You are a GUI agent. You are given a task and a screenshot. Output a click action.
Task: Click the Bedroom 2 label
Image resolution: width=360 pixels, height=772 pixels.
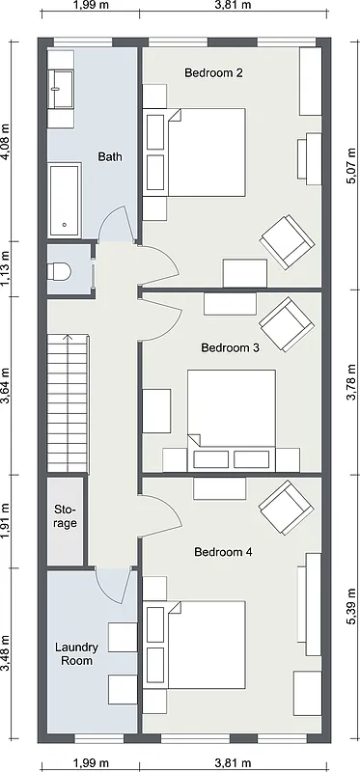(213, 73)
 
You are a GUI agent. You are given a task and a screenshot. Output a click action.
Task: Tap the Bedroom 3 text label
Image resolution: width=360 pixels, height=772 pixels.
(230, 347)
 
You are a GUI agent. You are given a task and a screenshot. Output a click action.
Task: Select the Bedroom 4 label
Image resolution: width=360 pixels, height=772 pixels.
(223, 552)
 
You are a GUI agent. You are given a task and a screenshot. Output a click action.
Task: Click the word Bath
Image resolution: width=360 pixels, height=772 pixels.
(109, 156)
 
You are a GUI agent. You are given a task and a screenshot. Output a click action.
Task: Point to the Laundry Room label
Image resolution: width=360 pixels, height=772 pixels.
(74, 654)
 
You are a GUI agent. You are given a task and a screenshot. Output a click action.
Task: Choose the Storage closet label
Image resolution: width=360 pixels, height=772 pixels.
(65, 516)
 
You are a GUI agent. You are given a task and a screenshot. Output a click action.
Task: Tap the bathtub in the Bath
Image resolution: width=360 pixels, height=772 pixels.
(66, 199)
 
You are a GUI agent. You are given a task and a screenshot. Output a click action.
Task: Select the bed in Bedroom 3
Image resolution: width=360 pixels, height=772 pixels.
(231, 409)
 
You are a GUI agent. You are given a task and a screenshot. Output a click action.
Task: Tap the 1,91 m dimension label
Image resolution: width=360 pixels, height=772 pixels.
(7, 521)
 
